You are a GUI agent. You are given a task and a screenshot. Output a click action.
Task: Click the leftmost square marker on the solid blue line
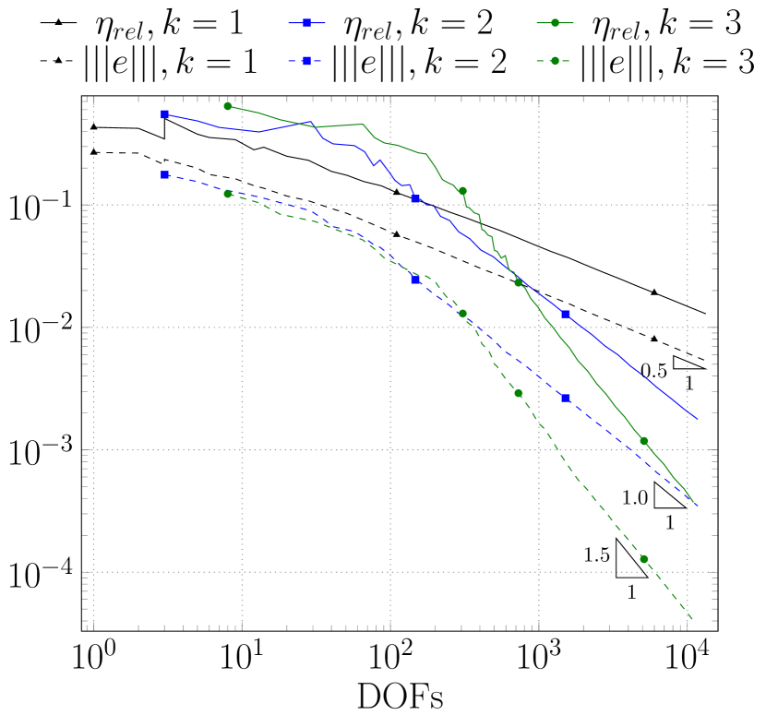tap(164, 114)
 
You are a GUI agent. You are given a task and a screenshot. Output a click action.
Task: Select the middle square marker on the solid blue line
tap(416, 198)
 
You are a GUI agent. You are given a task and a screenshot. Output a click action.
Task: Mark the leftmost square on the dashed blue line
tap(164, 174)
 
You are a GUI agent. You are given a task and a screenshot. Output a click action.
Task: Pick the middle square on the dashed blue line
tap(416, 280)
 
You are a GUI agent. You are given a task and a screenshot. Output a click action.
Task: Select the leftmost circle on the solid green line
tap(228, 106)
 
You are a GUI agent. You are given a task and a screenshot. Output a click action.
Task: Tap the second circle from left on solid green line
tap(462, 191)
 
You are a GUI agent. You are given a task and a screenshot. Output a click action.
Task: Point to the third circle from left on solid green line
tap(519, 282)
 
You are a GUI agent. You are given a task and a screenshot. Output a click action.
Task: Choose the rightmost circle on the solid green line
tap(643, 441)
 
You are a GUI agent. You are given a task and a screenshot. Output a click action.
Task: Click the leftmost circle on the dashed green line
tap(228, 194)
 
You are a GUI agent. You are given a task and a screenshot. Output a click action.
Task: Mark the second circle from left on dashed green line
tap(462, 313)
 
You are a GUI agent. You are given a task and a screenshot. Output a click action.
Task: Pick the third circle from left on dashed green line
tap(519, 393)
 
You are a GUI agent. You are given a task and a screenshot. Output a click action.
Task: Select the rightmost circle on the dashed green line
tap(643, 558)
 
